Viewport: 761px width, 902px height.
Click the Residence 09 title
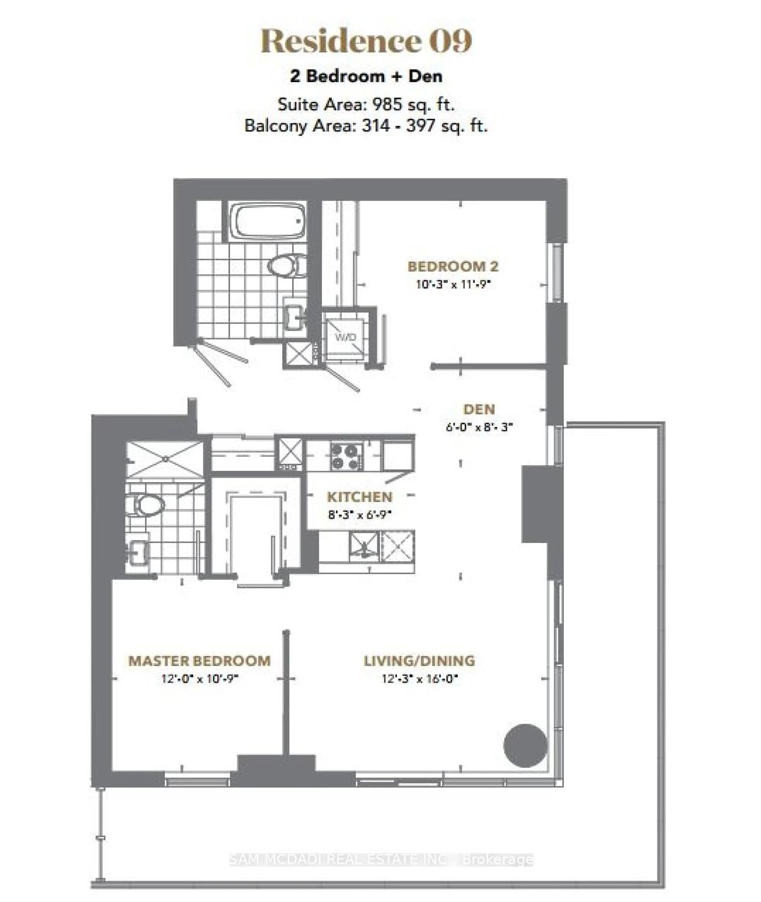click(366, 41)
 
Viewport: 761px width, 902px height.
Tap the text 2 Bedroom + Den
click(366, 76)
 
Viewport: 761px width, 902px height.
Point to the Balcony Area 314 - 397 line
click(366, 126)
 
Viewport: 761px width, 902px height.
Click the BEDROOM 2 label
click(453, 266)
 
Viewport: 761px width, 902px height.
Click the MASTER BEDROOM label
click(199, 661)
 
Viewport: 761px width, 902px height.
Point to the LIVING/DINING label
click(419, 661)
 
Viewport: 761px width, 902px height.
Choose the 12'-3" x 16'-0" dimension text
click(419, 679)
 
